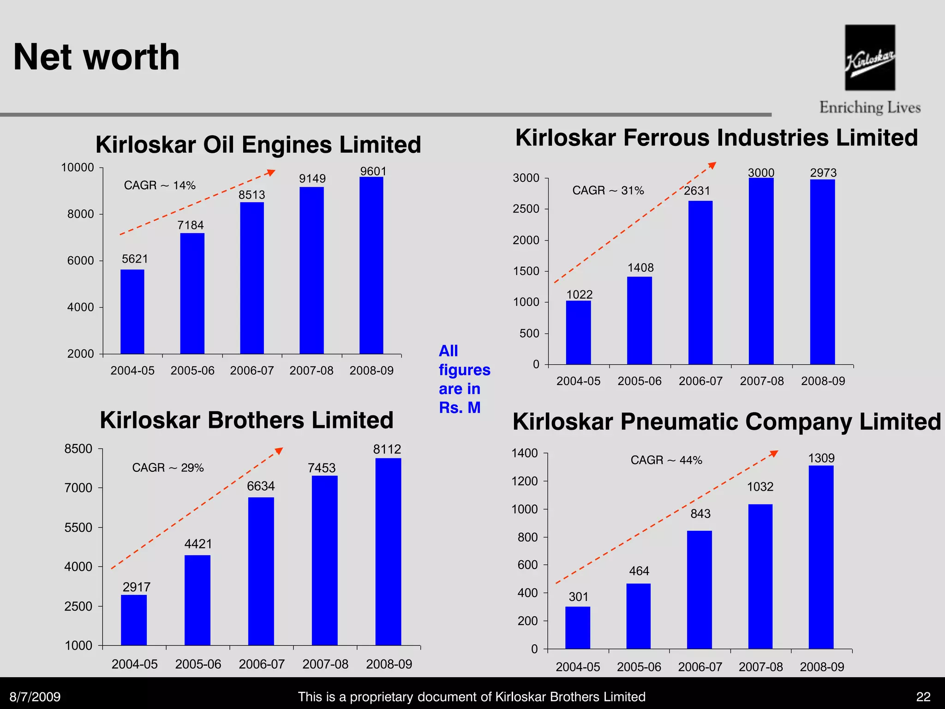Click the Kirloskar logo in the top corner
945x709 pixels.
point(870,58)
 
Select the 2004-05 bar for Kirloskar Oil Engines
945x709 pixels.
point(132,312)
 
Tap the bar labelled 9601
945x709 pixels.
point(371,265)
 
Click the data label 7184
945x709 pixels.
point(191,225)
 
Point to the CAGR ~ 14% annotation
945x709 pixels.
point(160,186)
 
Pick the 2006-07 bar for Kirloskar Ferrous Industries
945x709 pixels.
point(700,282)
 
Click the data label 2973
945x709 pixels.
point(823,173)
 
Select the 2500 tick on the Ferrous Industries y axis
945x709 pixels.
point(526,209)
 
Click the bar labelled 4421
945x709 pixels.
point(197,600)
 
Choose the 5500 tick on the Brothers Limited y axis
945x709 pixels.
point(78,528)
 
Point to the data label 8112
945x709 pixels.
point(387,449)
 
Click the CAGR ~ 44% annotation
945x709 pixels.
point(666,460)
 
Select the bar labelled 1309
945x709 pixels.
point(821,557)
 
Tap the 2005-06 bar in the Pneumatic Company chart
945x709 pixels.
point(639,616)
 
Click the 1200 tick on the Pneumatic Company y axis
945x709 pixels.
point(525,481)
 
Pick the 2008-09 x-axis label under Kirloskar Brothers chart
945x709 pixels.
point(389,664)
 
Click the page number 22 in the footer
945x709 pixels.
point(923,697)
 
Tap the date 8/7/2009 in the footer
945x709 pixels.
point(35,697)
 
